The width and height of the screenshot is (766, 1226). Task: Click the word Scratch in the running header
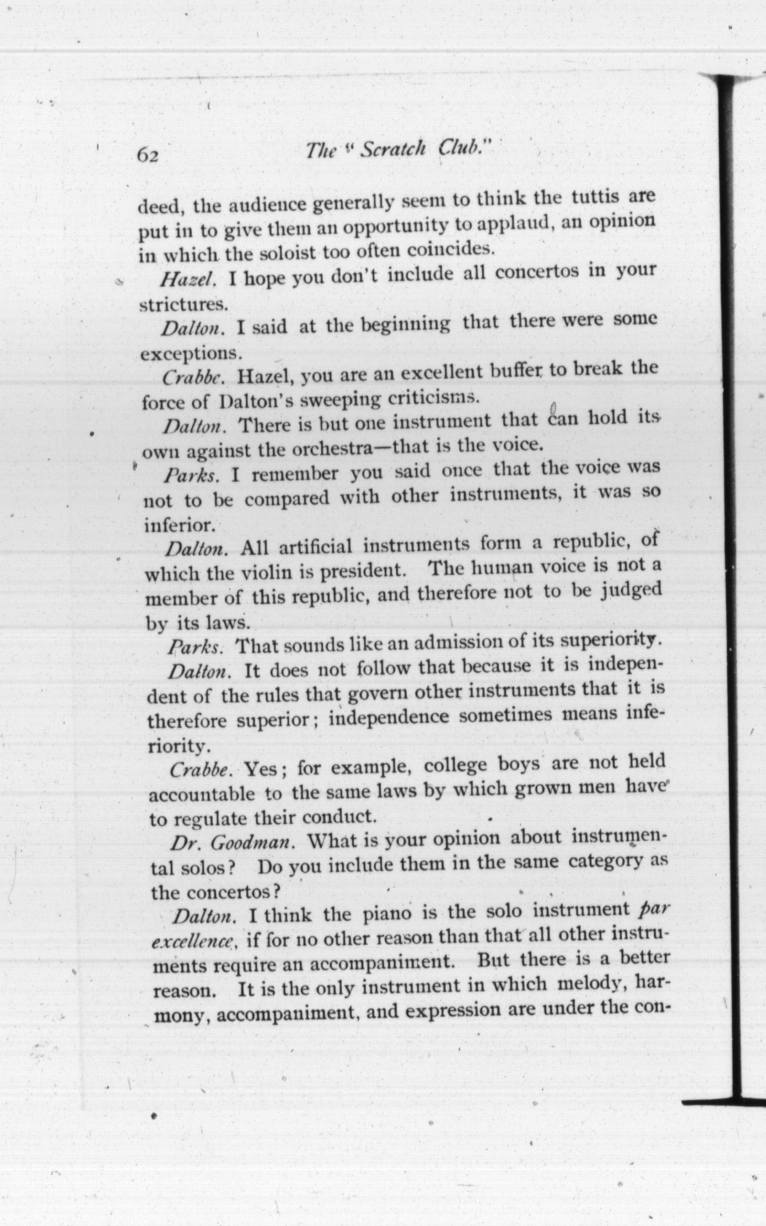[393, 150]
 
